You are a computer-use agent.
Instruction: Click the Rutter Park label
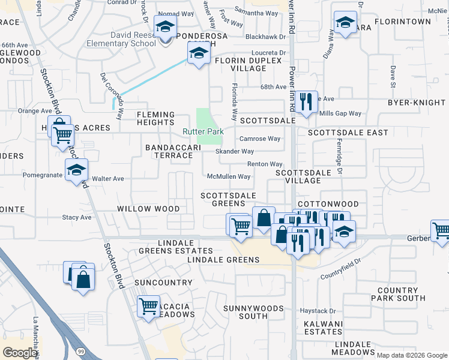pos(203,132)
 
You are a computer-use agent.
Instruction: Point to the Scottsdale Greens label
pos(228,199)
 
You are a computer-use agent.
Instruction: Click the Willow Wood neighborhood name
pos(148,209)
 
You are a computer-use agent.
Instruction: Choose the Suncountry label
pos(155,282)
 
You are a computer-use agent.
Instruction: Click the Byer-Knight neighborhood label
pos(417,103)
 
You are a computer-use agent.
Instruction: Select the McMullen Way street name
pos(228,176)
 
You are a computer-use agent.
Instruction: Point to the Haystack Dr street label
pos(318,311)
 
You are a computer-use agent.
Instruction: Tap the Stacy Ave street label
pos(77,217)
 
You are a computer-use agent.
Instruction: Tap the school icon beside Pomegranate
pos(76,170)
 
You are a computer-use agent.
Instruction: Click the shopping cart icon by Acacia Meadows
pos(148,306)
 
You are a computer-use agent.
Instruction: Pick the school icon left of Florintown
pos(345,23)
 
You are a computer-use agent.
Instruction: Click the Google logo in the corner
pos(20,352)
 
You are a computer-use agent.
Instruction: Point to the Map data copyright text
pos(412,355)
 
